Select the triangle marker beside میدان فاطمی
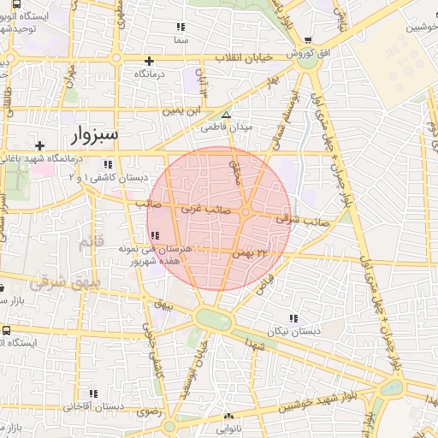tap(226, 115)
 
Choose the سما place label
tap(180, 40)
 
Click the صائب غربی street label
tap(202, 208)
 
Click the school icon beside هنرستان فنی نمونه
tap(155, 235)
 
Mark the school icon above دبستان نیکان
tap(293, 317)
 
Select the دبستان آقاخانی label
tap(93, 406)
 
